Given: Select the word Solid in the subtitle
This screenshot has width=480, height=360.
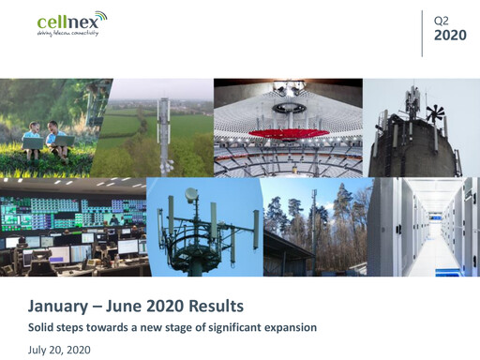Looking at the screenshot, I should (42, 327).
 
